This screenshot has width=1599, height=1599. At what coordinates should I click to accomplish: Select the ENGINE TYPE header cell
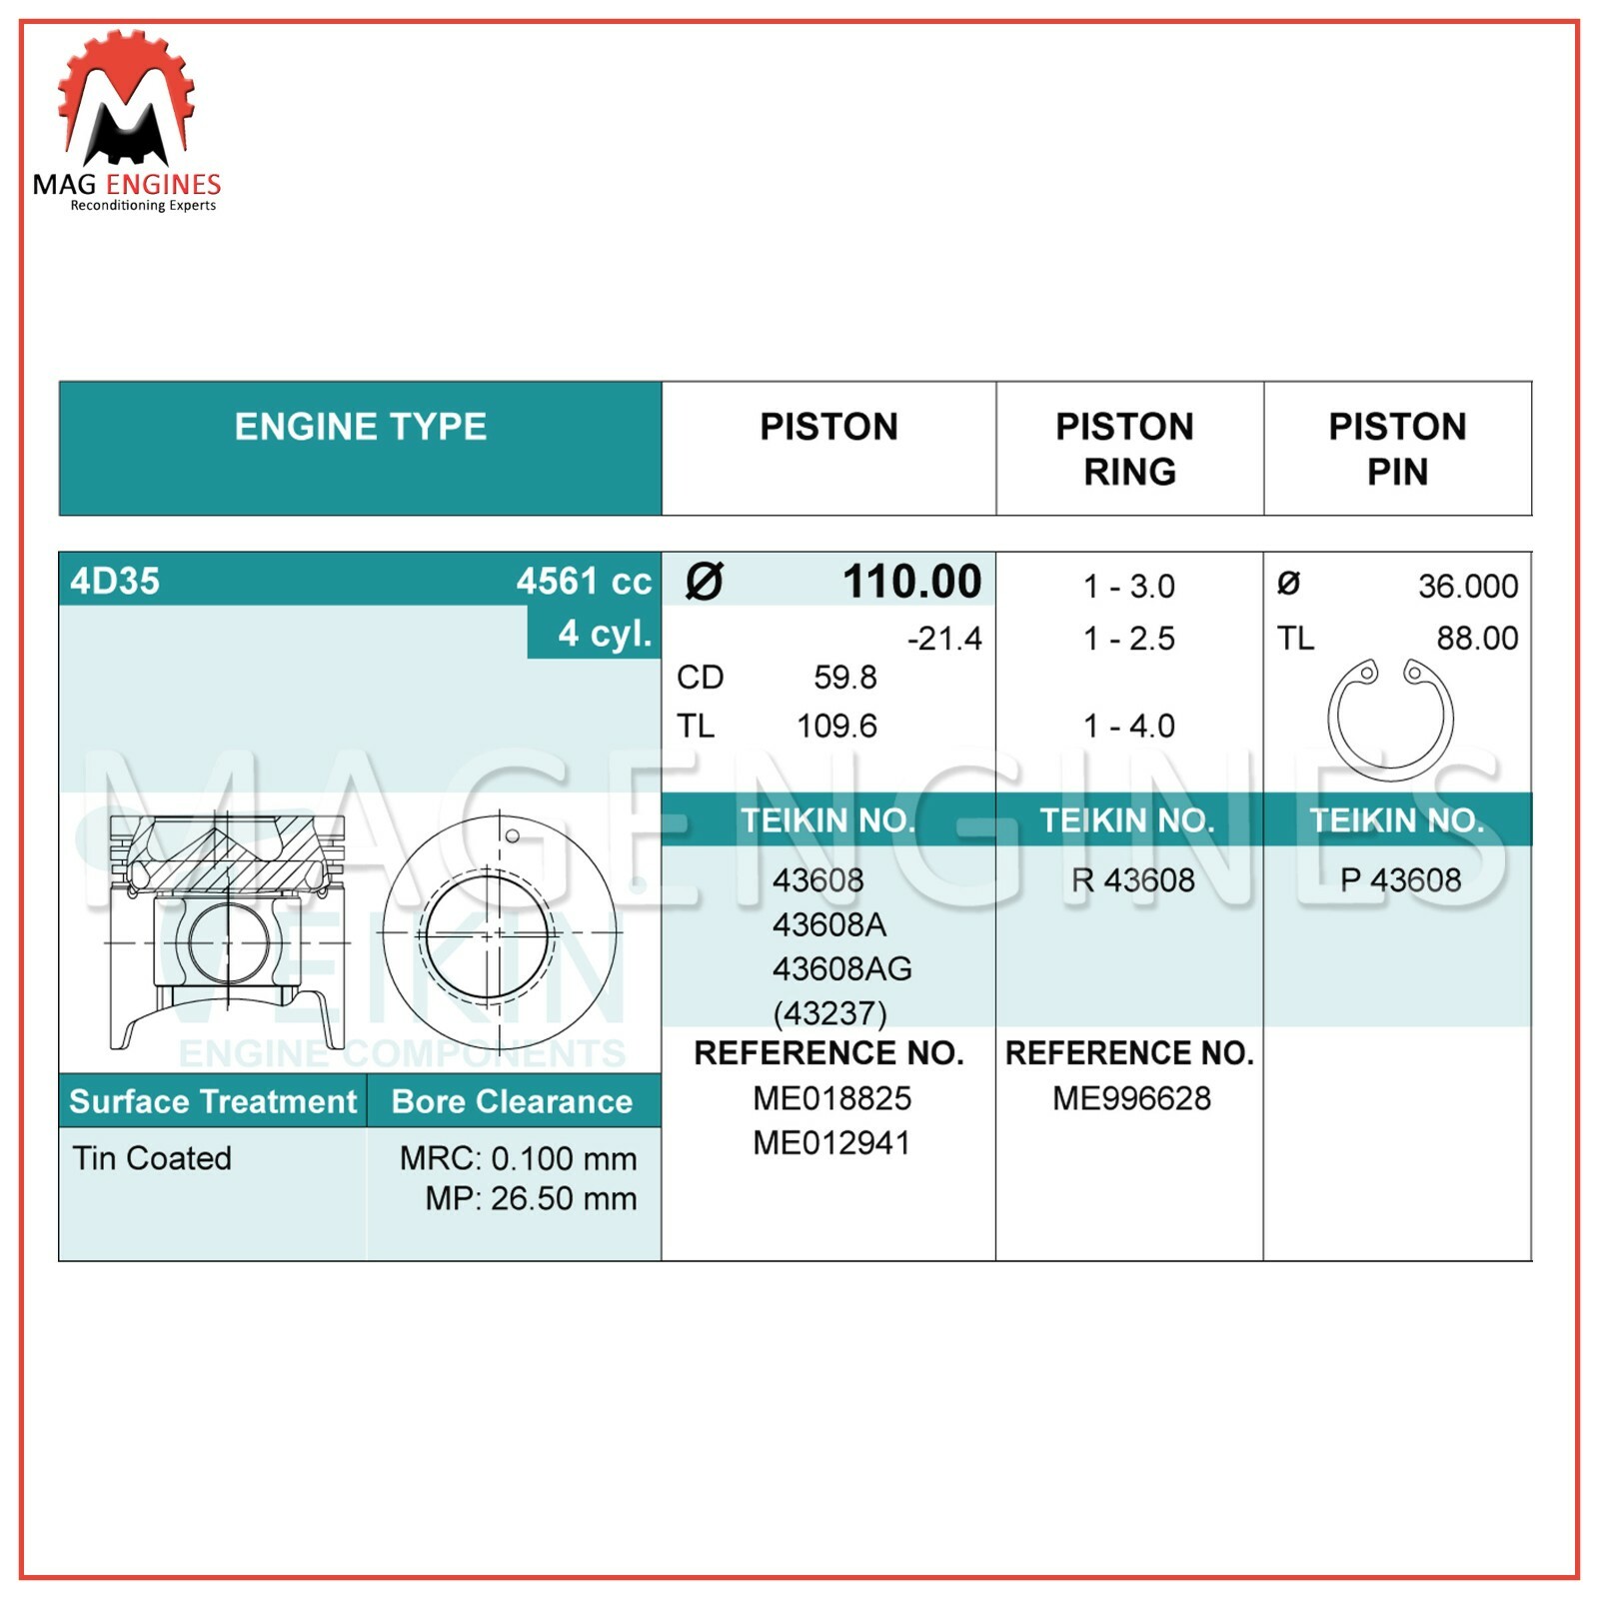[360, 428]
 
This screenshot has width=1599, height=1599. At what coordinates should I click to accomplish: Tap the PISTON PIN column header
[1397, 449]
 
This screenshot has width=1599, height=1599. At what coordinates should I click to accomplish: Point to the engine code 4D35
[115, 582]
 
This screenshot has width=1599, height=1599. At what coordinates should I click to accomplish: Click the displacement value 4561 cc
[584, 582]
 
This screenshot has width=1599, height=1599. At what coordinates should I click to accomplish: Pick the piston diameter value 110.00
[911, 582]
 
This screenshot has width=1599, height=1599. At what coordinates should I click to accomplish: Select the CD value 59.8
[844, 678]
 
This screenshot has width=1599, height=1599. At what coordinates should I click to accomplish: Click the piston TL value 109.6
[836, 727]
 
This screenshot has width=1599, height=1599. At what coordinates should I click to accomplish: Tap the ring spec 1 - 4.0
[1129, 727]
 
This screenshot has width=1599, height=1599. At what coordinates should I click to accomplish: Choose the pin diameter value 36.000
[1467, 587]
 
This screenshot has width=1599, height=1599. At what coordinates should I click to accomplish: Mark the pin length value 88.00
[1477, 639]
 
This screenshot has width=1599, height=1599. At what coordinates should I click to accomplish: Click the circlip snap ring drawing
[1390, 718]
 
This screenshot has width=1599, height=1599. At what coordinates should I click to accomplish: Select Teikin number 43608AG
[841, 969]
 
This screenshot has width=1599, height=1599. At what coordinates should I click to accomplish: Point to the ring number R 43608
[1132, 880]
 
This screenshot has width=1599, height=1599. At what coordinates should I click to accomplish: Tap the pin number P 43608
[1400, 880]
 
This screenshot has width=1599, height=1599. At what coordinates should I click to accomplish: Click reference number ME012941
[831, 1143]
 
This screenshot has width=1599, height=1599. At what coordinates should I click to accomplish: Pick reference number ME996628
[1131, 1099]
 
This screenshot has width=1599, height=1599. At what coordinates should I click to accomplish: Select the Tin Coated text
[152, 1158]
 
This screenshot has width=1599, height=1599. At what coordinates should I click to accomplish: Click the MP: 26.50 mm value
[531, 1199]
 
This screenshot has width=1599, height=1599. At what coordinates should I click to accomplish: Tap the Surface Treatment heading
[213, 1101]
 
